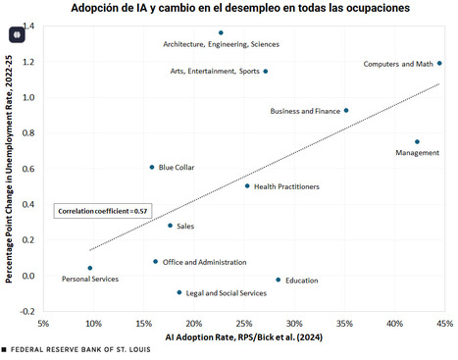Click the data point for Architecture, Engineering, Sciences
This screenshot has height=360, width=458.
point(221,33)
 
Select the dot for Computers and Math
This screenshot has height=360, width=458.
point(439,64)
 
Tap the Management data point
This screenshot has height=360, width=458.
point(417,142)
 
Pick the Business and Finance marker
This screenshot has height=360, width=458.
point(346,111)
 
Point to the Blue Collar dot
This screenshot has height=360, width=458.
point(152,168)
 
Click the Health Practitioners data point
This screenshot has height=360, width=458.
point(247,186)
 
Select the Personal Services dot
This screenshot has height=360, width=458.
point(90,268)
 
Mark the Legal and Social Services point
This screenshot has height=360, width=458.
point(179,292)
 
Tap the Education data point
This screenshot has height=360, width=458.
point(279,280)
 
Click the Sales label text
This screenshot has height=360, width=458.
point(185,227)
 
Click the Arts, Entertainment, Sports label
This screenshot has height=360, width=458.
point(213,72)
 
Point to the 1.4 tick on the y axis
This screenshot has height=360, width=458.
point(29,26)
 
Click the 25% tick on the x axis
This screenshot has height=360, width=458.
point(243,323)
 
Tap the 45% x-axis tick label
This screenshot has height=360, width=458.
point(444,323)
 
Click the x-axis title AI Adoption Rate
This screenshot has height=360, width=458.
point(245,337)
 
